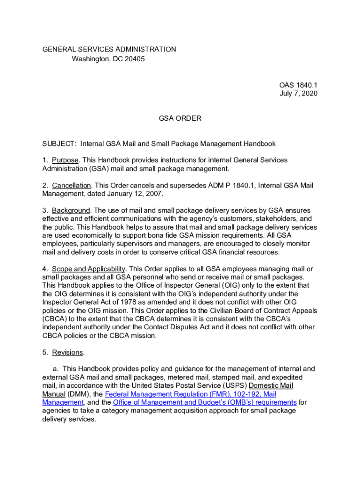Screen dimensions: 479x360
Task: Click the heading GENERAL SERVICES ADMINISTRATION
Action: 109,49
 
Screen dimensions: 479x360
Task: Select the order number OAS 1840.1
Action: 298,85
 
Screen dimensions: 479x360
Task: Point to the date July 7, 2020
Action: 298,94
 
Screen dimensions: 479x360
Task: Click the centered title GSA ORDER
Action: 180,118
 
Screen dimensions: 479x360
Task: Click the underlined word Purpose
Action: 65,160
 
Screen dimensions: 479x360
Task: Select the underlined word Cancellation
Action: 72,185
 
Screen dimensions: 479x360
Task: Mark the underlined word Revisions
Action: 67,352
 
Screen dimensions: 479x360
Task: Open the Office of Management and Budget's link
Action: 205,402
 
